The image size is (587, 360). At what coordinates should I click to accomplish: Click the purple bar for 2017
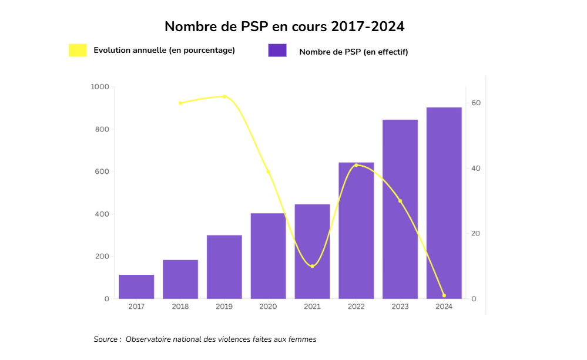pos(136,287)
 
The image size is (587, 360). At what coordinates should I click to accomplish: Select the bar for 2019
pos(224,267)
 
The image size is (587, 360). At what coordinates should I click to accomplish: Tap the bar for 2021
pos(312,251)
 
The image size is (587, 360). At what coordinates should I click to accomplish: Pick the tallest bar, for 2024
pos(444,203)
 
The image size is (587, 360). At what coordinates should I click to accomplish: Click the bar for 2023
pos(400,209)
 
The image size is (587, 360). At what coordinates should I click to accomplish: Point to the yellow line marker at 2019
pos(224,96)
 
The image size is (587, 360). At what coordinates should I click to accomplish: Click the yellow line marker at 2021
pos(312,266)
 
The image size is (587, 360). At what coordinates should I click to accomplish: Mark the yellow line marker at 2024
pos(444,295)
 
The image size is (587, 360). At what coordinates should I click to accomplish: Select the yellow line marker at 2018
pos(180,103)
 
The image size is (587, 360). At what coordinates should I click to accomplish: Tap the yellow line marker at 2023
pos(400,201)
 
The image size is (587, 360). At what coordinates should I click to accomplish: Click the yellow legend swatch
pos(78,51)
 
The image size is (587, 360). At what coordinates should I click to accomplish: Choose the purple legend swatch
pos(277,51)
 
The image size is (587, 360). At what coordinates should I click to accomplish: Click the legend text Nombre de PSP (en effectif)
pos(353,52)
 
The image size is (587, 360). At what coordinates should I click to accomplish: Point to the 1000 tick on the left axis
pos(100,87)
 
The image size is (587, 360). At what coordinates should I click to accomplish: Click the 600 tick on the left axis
pos(101,171)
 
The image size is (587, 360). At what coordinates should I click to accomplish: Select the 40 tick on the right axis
pos(475,169)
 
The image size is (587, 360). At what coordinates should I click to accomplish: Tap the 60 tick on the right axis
pos(475,103)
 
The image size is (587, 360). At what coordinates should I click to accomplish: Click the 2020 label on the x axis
pos(268,307)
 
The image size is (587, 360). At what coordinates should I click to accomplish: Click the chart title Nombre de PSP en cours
pos(284,26)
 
